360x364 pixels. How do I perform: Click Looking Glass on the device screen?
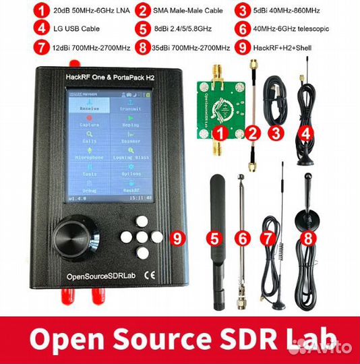(x=130, y=156)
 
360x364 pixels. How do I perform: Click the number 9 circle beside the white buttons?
(x=177, y=237)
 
